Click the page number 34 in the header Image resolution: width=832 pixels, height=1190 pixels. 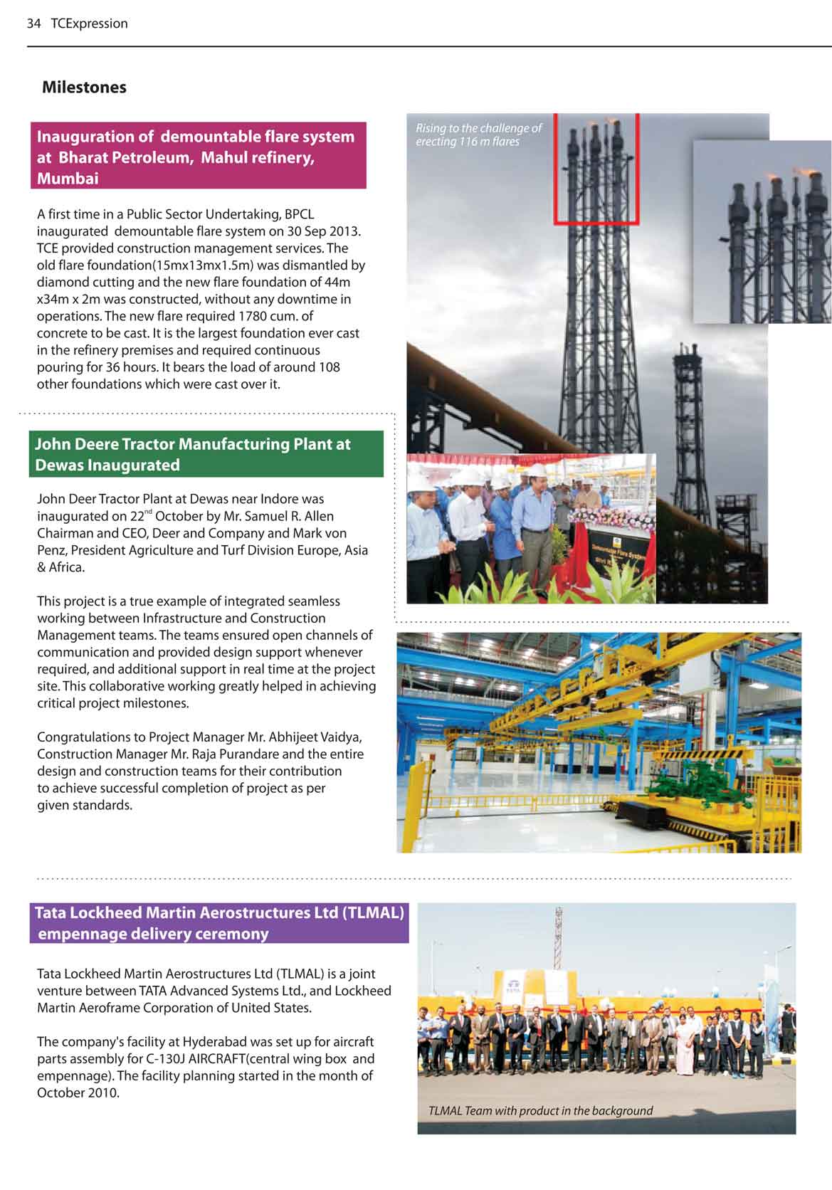pyautogui.click(x=33, y=23)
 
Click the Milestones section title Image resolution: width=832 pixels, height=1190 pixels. pyautogui.click(x=84, y=88)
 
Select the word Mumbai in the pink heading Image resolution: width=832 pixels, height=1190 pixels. pyautogui.click(x=68, y=179)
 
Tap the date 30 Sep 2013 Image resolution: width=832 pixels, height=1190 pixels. pyautogui.click(x=329, y=231)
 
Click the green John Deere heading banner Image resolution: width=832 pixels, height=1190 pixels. pyautogui.click(x=206, y=454)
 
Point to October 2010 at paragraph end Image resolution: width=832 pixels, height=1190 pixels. pyautogui.click(x=78, y=1093)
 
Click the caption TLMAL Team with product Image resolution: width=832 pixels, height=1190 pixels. pyautogui.click(x=540, y=1111)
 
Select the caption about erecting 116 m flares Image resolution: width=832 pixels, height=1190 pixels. pyautogui.click(x=478, y=135)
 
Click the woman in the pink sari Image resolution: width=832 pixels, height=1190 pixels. pyautogui.click(x=684, y=1041)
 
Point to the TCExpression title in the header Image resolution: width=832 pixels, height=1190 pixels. pyautogui.click(x=89, y=23)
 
